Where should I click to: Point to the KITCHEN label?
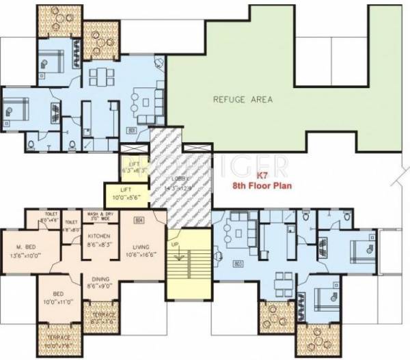(x=98, y=236)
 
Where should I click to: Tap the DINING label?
(x=100, y=279)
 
